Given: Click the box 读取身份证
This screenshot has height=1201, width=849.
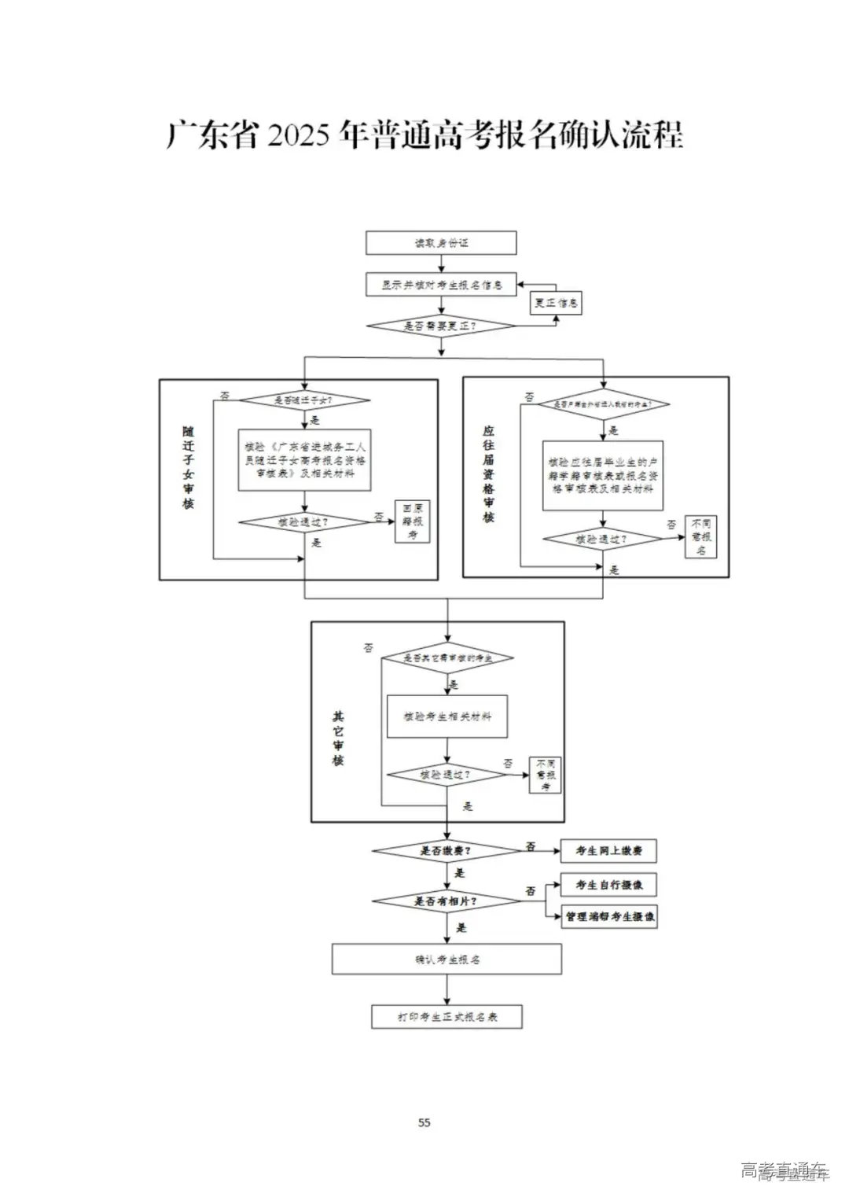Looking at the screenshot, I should tap(441, 243).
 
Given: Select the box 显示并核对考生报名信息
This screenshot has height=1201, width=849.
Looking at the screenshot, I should tap(441, 285).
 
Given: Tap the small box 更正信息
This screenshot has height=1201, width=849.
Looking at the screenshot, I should tap(557, 303).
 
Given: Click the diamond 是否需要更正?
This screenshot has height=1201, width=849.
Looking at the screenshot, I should tap(441, 326).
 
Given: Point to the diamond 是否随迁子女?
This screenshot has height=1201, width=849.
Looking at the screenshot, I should tap(304, 400).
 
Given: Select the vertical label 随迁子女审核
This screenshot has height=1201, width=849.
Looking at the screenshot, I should tap(189, 467).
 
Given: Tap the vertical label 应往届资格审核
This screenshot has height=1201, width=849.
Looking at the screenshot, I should tap(489, 473).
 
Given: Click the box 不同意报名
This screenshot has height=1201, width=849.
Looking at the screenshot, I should tap(700, 536).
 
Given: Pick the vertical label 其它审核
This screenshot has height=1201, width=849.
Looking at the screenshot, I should tap(338, 739).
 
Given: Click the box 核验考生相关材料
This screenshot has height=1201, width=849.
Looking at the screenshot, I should tap(447, 717).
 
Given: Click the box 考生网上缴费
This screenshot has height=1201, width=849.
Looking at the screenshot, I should tap(608, 851).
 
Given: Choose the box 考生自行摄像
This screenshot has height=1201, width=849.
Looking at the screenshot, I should tap(608, 885).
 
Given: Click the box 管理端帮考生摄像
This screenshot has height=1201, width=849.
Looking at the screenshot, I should tap(608, 917).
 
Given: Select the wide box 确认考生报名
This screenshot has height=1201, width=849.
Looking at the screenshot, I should tap(447, 960).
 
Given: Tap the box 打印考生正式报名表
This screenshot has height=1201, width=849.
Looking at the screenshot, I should tap(447, 1017).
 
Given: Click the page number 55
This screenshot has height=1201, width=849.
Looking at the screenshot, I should tap(424, 1122).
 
